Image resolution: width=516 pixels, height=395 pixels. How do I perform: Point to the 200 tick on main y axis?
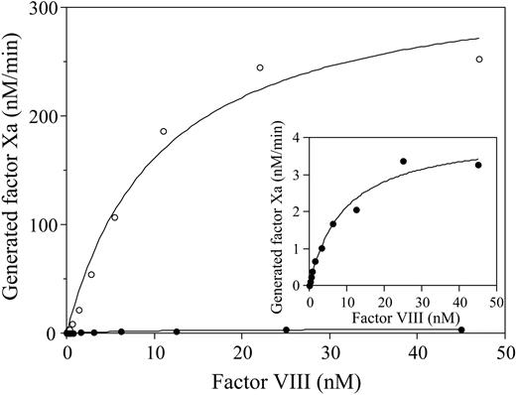coord(66,116)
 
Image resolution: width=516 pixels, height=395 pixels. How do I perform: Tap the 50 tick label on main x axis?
coord(505,353)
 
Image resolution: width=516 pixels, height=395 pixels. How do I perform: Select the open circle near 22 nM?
coord(260,67)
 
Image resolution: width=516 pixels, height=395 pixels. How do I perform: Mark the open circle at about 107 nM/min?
coord(114,217)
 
